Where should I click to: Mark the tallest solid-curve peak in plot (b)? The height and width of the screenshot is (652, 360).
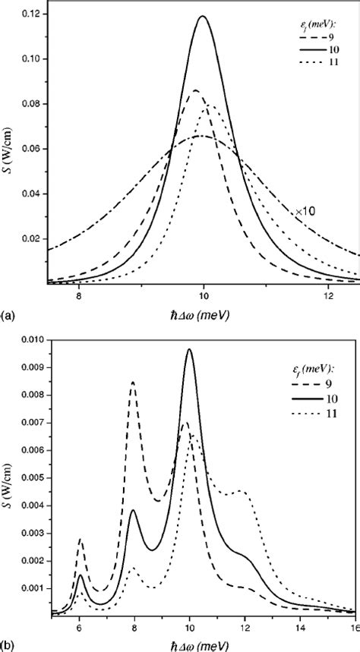pos(190,349)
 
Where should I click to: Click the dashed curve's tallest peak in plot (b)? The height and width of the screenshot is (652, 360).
pos(134,383)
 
